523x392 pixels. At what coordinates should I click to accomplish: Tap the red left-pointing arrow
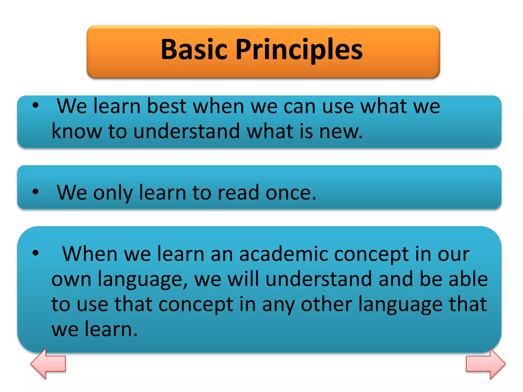(x=48, y=363)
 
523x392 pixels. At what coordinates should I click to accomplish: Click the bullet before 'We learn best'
(x=35, y=105)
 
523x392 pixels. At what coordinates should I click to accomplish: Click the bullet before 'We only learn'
(x=35, y=191)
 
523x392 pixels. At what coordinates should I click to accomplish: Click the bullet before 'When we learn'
(x=35, y=253)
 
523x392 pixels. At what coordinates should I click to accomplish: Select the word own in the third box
(x=71, y=279)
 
